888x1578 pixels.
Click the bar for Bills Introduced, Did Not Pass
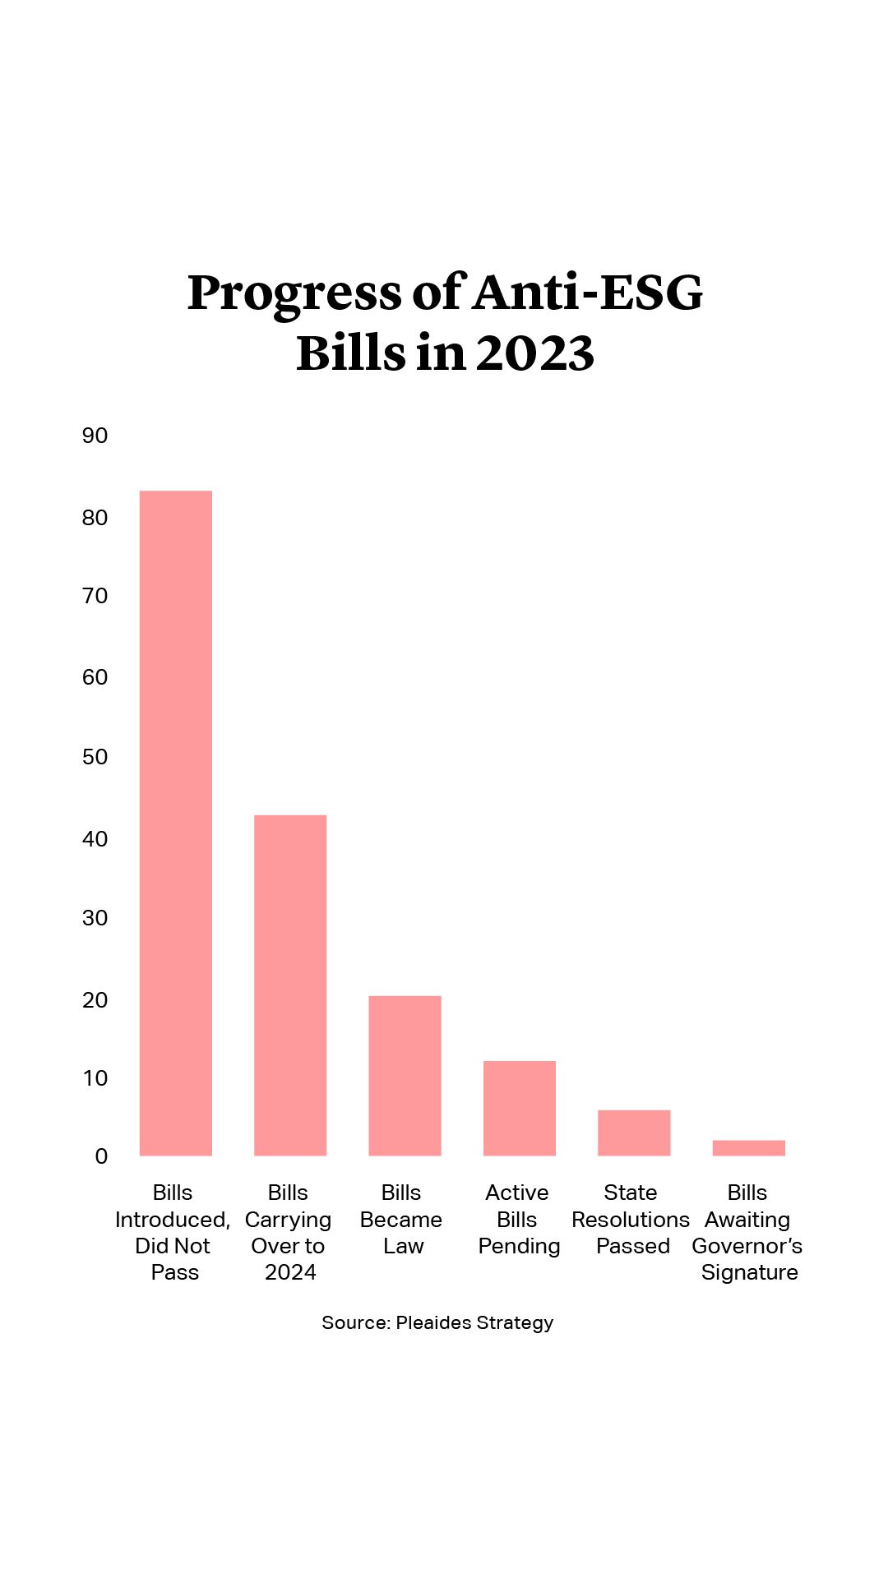point(176,823)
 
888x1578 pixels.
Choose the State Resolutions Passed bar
point(634,1133)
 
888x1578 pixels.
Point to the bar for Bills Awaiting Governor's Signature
point(748,1147)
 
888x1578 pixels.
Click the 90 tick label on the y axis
point(95,436)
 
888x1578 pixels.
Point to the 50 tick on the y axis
point(95,757)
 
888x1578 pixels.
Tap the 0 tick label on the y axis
point(101,1156)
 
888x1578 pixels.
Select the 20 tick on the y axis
point(95,1000)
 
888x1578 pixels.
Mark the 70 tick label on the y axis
point(95,596)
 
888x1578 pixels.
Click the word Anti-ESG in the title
point(589,293)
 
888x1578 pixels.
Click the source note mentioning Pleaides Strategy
point(437,1322)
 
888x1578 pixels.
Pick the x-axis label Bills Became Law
point(402,1220)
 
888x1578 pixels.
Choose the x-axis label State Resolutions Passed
point(631,1220)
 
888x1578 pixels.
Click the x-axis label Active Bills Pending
point(518,1220)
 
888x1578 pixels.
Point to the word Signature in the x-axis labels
point(749,1273)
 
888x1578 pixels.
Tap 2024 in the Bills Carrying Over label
point(290,1273)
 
